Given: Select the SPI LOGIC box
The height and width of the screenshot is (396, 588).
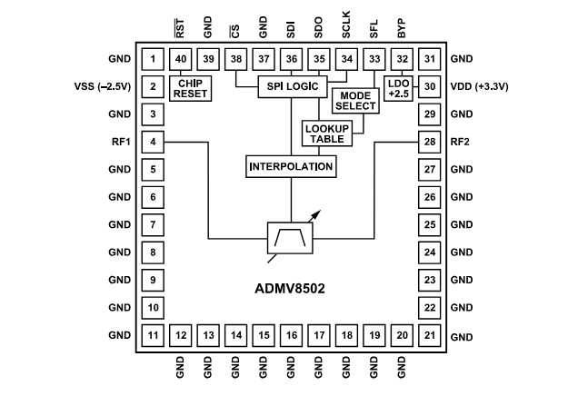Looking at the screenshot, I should (290, 85).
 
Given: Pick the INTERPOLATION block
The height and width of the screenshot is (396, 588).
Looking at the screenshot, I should (290, 167).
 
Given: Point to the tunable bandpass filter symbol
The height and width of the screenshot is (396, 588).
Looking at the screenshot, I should (289, 240).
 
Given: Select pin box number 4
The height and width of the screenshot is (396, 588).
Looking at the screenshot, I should (154, 142).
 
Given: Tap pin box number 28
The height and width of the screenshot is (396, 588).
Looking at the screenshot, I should (429, 142).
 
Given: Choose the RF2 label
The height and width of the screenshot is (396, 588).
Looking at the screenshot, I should (462, 142).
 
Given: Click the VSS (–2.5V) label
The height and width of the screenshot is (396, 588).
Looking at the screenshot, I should (103, 87).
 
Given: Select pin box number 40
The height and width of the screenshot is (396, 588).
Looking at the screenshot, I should (182, 60).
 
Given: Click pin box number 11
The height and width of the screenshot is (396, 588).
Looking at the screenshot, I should (154, 337).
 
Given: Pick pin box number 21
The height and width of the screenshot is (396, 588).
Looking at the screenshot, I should (429, 337).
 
